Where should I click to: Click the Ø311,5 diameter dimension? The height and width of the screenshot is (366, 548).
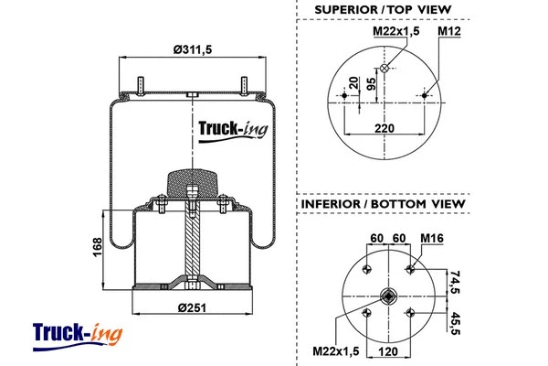coord(187,49)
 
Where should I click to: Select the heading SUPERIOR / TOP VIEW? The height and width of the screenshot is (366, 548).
coord(383,10)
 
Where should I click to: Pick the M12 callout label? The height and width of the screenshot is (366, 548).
coord(448,32)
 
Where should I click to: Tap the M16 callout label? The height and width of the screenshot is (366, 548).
coord(432,240)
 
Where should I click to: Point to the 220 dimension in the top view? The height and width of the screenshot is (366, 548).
coord(385,129)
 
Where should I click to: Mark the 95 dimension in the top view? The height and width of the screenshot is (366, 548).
coord(372,85)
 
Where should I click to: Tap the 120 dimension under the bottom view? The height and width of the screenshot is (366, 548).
coord(386,350)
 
